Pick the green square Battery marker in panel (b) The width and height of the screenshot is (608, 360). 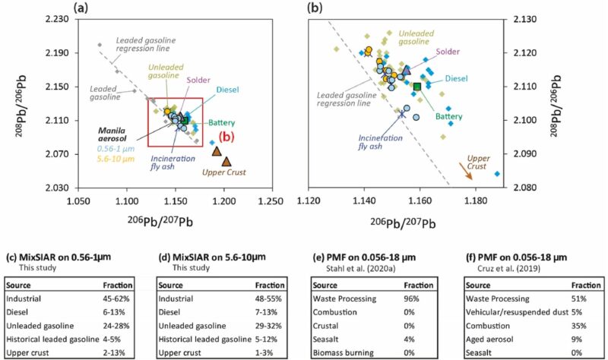pos(417,86)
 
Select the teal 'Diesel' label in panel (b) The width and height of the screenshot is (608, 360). pos(456,78)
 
